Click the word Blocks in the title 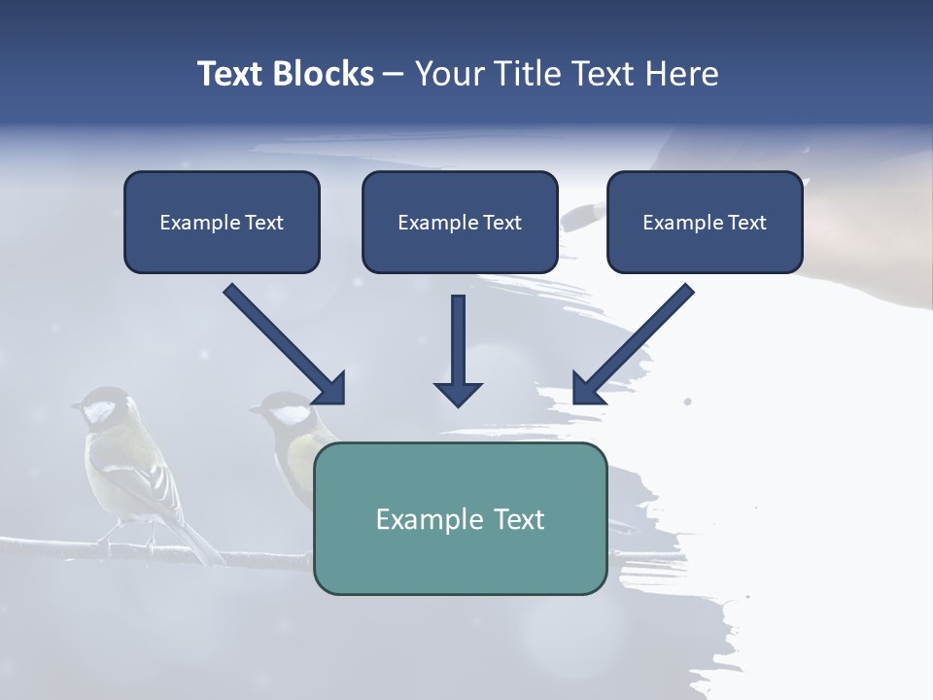pyautogui.click(x=323, y=74)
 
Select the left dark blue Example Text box pyautogui.click(x=222, y=222)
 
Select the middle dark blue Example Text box pyautogui.click(x=460, y=222)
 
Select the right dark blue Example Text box pyautogui.click(x=705, y=222)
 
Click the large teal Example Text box pyautogui.click(x=460, y=518)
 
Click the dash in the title pyautogui.click(x=394, y=75)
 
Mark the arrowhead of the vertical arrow pyautogui.click(x=458, y=393)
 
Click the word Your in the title pyautogui.click(x=447, y=74)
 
